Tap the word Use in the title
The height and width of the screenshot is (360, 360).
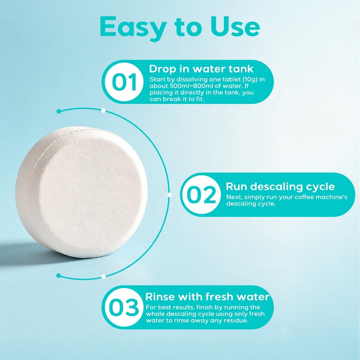(235, 27)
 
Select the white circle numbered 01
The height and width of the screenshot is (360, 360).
(124, 82)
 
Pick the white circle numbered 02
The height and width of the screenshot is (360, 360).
(201, 195)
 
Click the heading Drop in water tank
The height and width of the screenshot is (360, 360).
(201, 69)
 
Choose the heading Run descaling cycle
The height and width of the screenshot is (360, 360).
(280, 186)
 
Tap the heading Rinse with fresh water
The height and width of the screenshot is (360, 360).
(207, 297)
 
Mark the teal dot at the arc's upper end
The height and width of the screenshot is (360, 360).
(58, 111)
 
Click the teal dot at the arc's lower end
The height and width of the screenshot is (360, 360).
(58, 275)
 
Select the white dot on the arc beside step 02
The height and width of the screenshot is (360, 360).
(170, 195)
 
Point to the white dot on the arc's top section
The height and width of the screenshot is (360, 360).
(103, 110)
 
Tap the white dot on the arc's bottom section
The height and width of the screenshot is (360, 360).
(103, 276)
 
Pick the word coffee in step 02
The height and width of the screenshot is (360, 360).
(306, 197)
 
